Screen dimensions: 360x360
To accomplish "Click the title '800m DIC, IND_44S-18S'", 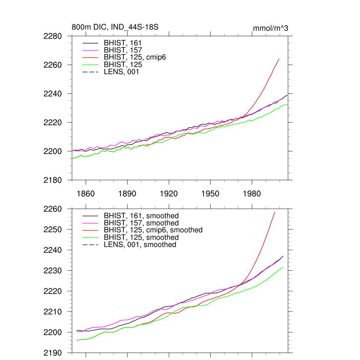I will point(115,27).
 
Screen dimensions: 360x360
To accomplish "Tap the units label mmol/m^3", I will point(270,28).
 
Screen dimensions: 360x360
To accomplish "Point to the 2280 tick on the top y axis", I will point(53,36).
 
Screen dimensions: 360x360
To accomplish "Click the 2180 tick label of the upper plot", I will point(53,180).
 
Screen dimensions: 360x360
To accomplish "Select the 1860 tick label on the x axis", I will point(86,194).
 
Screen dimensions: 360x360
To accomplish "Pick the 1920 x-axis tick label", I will point(169,194).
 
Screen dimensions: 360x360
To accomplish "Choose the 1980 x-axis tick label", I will point(252,194).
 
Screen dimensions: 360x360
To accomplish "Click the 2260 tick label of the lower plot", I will point(53,209).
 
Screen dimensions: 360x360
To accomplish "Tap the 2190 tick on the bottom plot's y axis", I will point(53,353).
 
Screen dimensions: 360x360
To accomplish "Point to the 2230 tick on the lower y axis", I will point(53,271).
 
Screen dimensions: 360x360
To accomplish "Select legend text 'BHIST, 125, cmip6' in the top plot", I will point(135,57).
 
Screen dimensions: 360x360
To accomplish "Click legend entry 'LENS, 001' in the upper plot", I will point(121,72).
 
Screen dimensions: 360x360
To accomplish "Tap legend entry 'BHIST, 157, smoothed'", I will point(141,223).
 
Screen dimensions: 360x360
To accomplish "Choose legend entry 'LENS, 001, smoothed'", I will point(140,244).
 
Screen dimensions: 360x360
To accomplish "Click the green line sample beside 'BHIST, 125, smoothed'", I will point(90,237).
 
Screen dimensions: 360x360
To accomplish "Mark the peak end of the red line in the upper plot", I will point(279,59).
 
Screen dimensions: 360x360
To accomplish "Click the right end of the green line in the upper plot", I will point(288,104).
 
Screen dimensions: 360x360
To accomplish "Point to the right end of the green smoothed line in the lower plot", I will point(283,267).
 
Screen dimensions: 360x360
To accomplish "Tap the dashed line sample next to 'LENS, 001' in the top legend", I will point(90,72).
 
